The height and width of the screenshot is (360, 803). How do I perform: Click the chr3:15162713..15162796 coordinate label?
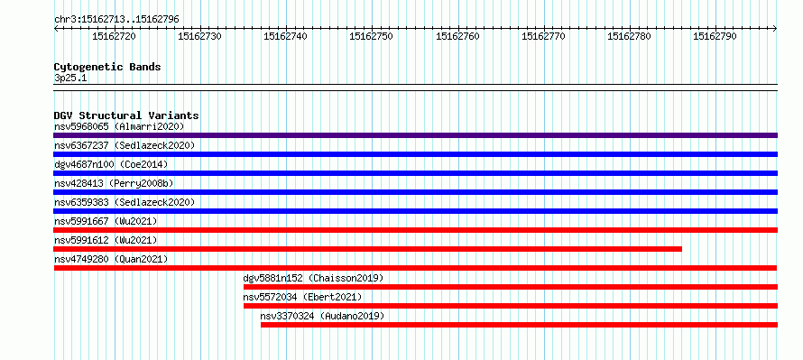[116, 20]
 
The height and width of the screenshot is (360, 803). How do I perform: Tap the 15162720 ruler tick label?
[114, 36]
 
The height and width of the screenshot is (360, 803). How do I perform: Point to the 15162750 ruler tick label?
[372, 36]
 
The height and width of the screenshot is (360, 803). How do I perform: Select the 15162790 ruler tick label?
[715, 36]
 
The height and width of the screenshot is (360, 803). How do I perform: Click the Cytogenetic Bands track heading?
[107, 67]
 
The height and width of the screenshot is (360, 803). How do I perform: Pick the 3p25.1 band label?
[70, 78]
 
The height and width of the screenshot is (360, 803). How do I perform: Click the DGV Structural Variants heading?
[126, 115]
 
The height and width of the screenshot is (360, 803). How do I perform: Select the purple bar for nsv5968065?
[415, 135]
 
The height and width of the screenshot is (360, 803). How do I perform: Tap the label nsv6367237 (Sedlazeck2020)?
[125, 145]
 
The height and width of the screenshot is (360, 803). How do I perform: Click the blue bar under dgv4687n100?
[415, 173]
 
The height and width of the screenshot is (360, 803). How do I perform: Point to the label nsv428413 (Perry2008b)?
[116, 183]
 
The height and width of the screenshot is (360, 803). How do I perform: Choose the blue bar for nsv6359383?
[415, 211]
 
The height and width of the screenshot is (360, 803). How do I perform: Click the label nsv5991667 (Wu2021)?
[106, 221]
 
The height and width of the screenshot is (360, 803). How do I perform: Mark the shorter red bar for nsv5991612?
[368, 249]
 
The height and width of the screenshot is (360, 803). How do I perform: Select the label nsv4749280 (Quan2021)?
[111, 259]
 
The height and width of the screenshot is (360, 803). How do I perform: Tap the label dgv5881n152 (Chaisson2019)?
[313, 278]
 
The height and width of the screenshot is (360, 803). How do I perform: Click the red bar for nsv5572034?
[511, 306]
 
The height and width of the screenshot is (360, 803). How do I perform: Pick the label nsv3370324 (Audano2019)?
[322, 316]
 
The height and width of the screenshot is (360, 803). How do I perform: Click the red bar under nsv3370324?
[519, 325]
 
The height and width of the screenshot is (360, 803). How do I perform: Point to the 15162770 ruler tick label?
[543, 36]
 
